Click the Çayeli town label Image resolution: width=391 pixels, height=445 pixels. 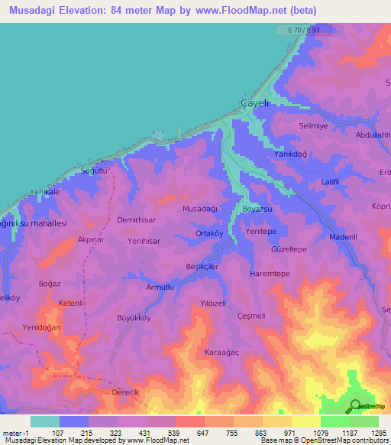click(254, 103)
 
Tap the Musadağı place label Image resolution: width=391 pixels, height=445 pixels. click(201, 208)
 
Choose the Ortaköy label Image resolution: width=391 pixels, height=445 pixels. click(208, 235)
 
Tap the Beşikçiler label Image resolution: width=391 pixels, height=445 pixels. click(202, 266)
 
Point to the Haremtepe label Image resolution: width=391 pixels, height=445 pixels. click(270, 273)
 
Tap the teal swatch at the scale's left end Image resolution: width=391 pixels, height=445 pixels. click(45, 421)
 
